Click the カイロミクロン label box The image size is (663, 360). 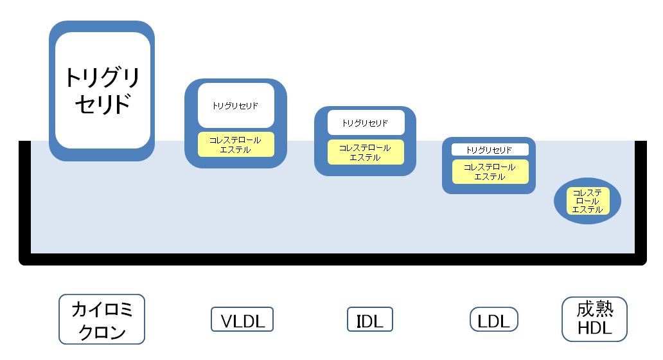pos(102,319)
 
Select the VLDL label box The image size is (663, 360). pos(242,319)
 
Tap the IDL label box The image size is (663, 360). pos(370,319)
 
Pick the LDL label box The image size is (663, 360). pos(494,319)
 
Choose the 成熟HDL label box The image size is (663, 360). pos(594,319)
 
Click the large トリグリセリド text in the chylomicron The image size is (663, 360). pos(102,91)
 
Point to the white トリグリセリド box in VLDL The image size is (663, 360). pos(236,105)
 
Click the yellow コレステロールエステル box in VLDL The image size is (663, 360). pos(236,145)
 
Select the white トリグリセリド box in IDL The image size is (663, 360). pos(366,123)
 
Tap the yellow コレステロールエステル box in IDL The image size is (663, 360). pos(366,152)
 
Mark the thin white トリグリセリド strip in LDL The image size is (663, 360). pos(490,150)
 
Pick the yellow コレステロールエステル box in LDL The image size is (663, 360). pos(490,172)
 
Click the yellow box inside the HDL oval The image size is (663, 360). pos(587,201)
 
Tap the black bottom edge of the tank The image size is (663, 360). pos(333,259)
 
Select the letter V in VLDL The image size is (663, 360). pos(227,321)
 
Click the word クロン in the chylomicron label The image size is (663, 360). pos(102,332)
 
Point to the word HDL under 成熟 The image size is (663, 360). pos(594,328)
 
